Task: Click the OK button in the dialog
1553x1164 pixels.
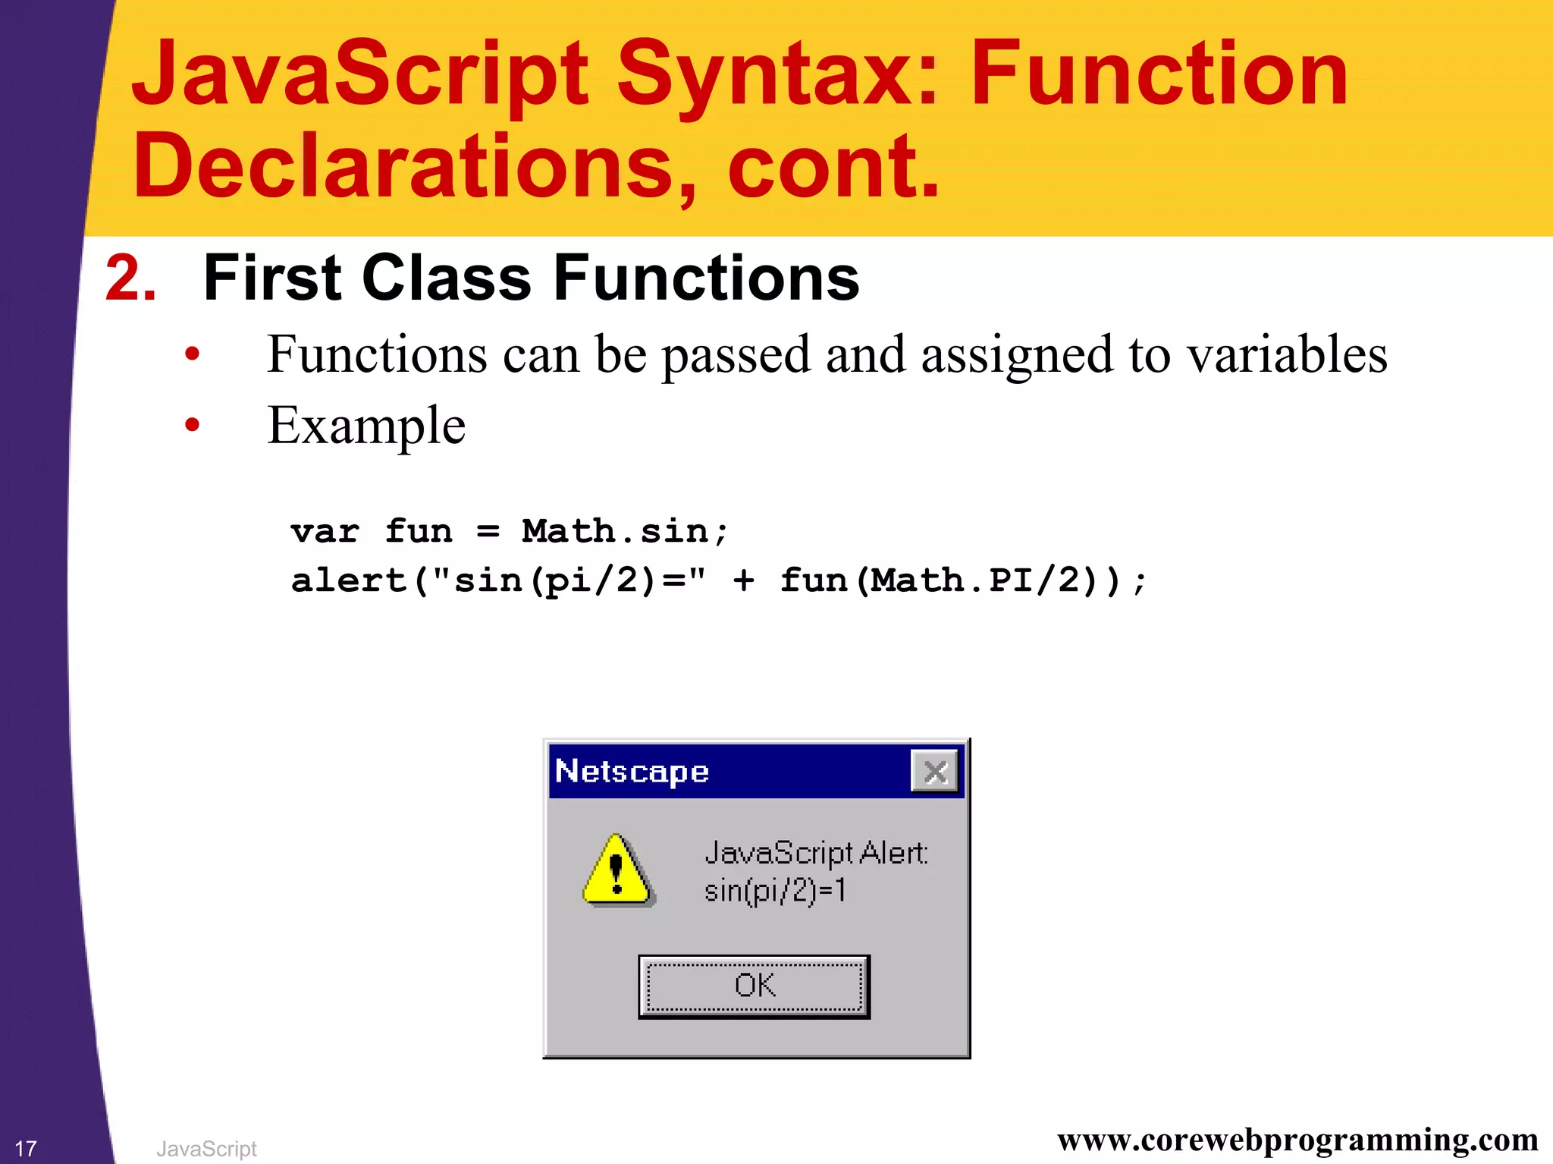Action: coord(754,986)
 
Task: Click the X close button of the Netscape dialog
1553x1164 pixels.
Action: coord(935,772)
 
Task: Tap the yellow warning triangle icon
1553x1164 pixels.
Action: coord(616,871)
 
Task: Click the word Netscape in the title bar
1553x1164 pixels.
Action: coord(632,772)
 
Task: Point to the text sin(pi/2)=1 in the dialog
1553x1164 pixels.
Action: coord(774,890)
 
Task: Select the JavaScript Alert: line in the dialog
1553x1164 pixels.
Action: coord(816,853)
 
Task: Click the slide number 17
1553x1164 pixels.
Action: coord(25,1148)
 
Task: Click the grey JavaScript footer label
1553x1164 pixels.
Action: coord(206,1148)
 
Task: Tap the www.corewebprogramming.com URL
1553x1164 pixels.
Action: coord(1297,1139)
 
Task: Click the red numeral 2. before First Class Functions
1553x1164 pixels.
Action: coord(130,278)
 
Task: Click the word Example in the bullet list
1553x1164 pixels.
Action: coord(366,426)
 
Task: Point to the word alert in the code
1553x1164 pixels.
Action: coord(349,580)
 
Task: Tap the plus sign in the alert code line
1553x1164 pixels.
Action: coord(743,581)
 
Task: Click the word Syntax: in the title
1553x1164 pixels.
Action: coord(777,74)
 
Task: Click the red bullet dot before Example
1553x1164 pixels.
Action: coord(192,425)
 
